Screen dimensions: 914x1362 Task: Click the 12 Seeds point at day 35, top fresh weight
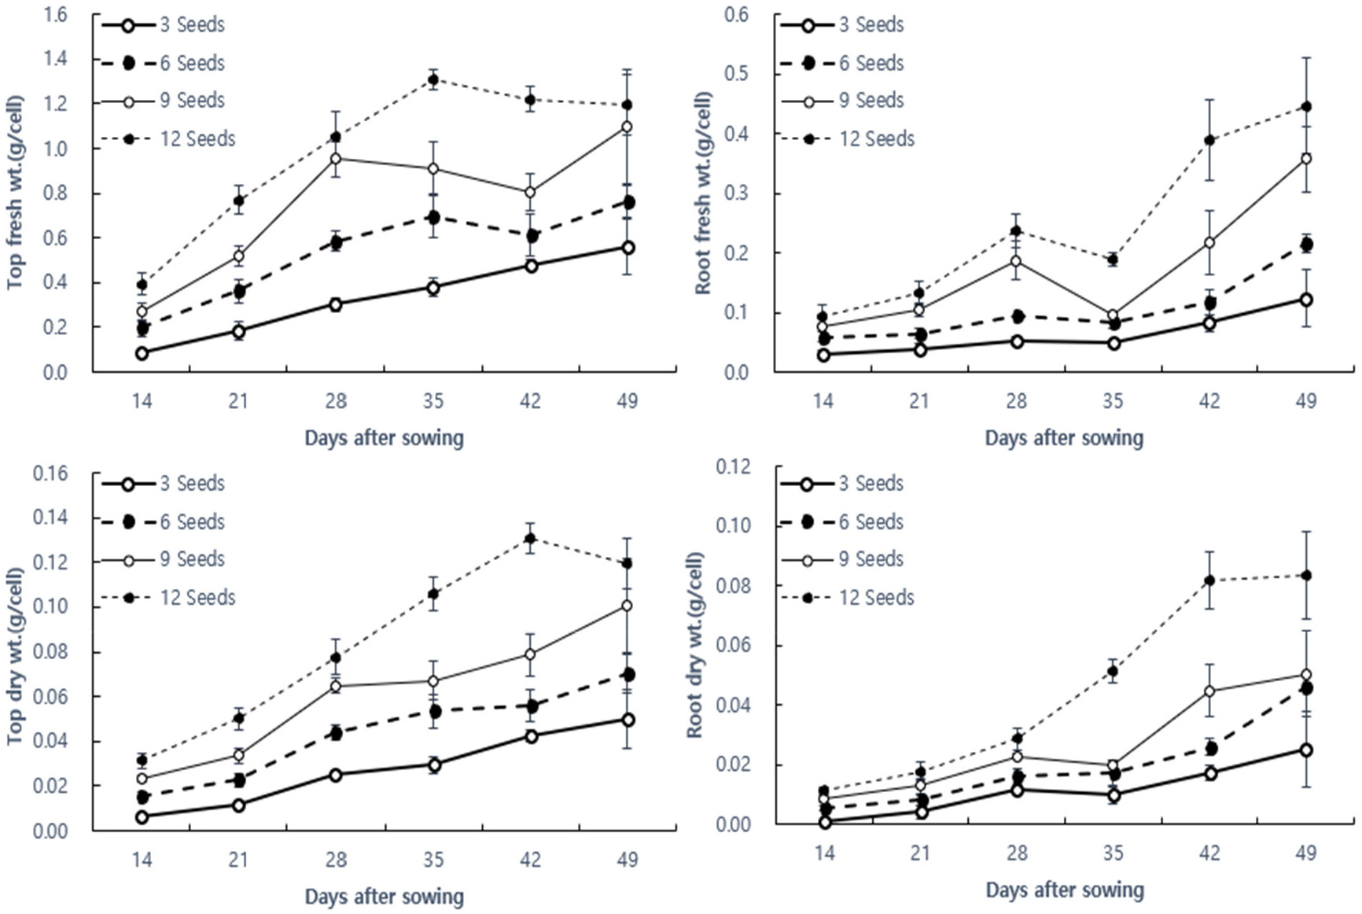click(x=433, y=79)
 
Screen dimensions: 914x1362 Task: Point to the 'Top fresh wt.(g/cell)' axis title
click(x=15, y=192)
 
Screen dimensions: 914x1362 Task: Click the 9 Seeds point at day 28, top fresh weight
click(x=336, y=158)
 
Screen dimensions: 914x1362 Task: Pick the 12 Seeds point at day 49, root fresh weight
click(x=1306, y=106)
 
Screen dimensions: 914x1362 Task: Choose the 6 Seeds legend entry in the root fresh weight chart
click(x=841, y=63)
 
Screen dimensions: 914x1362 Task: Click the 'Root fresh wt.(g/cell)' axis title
click(x=702, y=193)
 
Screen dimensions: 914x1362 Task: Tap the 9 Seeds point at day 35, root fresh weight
click(x=1113, y=315)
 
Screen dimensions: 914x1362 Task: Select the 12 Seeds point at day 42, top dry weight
click(x=530, y=539)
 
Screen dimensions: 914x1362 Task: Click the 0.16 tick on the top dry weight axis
click(x=50, y=474)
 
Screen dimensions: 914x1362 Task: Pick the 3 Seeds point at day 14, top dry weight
click(x=142, y=817)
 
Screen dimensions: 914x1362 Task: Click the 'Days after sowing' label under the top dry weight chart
click(x=384, y=896)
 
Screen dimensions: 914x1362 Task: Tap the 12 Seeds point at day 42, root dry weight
click(x=1209, y=580)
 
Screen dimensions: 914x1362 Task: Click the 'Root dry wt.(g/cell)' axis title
click(x=694, y=644)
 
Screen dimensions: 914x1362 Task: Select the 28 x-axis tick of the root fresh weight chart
click(x=1016, y=401)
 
